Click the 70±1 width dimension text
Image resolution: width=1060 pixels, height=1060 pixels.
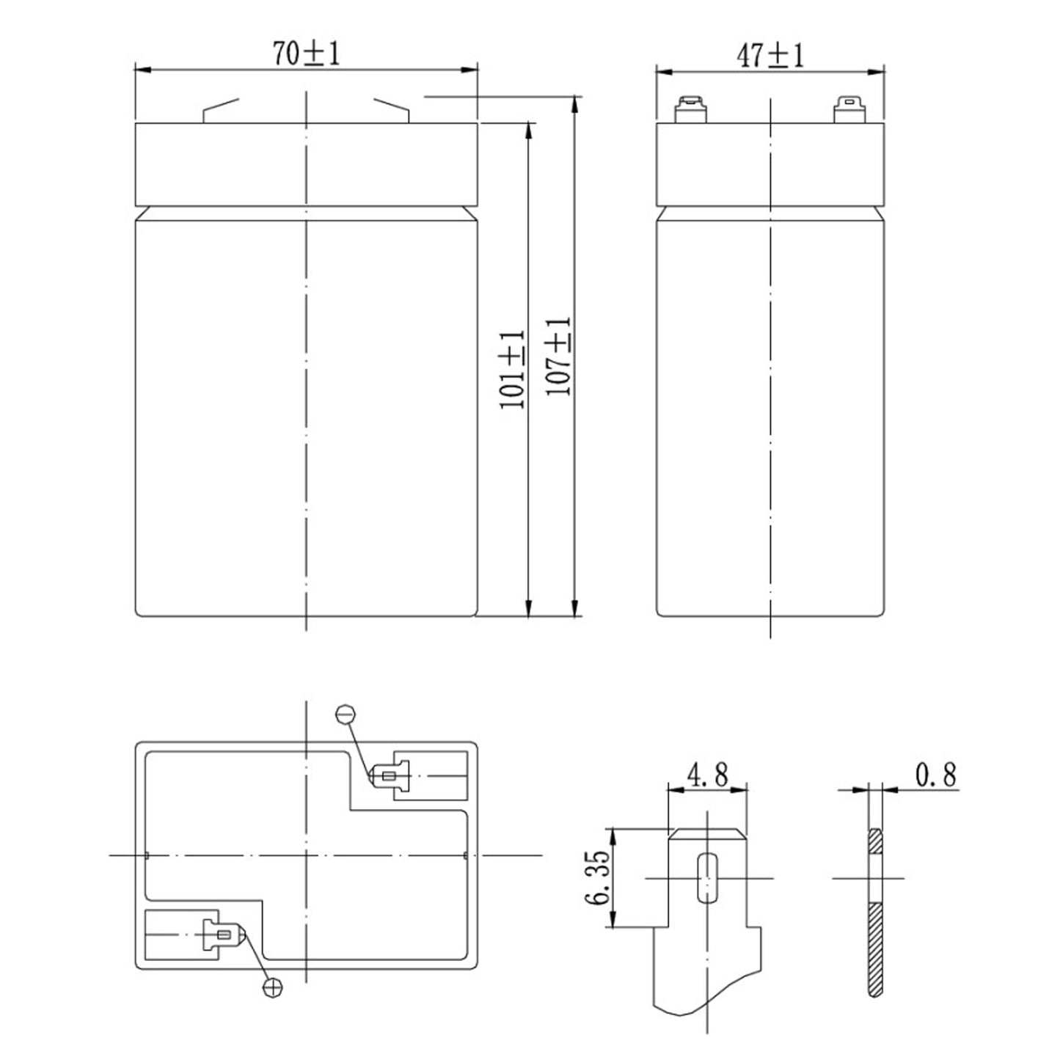click(307, 54)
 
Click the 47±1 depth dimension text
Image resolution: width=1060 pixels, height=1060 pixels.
click(770, 56)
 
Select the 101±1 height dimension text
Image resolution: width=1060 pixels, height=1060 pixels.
click(513, 369)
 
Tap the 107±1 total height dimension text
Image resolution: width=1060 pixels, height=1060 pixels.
click(559, 357)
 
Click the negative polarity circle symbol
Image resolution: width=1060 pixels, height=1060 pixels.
click(346, 713)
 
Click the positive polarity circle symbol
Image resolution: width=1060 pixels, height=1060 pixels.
click(273, 987)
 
